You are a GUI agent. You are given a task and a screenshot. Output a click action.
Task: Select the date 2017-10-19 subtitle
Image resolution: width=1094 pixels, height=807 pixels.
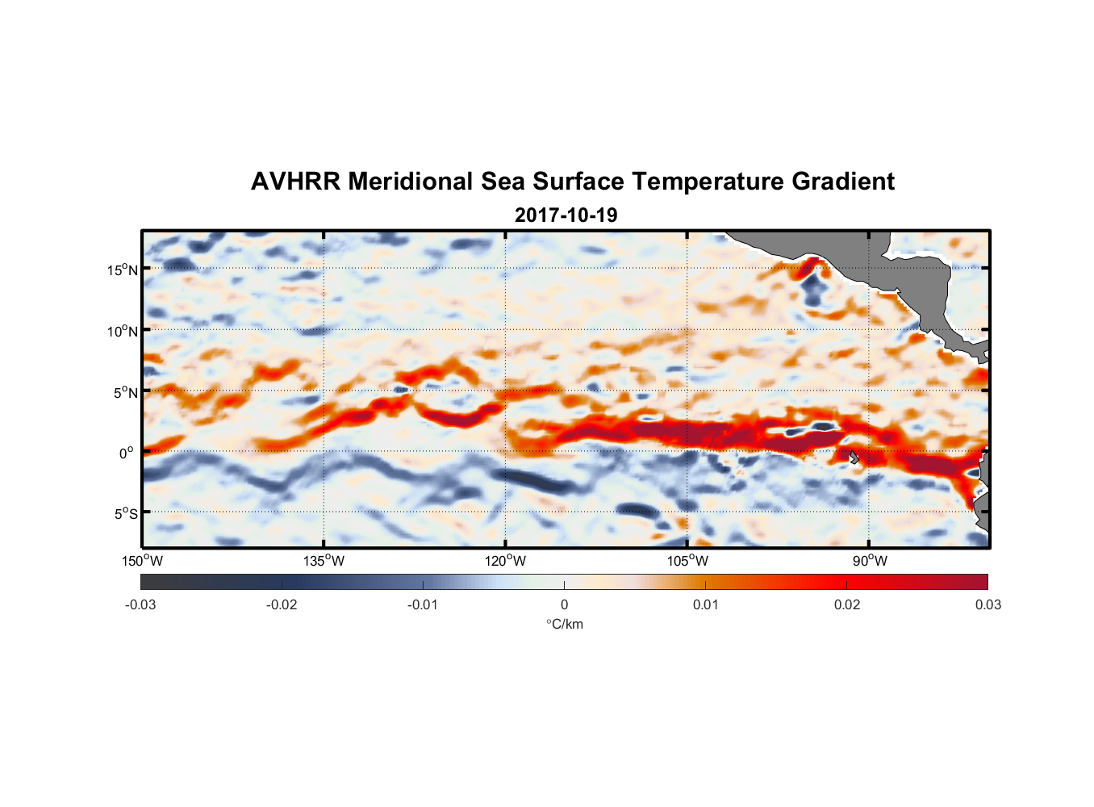pos(566,215)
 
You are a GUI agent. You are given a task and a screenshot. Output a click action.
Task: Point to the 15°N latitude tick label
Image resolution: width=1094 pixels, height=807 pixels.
pos(122,270)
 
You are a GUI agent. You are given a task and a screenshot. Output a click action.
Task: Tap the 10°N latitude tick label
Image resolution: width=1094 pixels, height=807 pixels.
pos(122,331)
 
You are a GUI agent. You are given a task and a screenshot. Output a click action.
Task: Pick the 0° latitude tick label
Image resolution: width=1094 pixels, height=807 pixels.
pos(127,453)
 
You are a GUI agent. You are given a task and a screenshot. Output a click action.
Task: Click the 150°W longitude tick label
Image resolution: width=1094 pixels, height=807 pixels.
pos(143,561)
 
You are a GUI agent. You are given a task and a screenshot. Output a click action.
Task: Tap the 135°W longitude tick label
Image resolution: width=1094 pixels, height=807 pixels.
pos(324,561)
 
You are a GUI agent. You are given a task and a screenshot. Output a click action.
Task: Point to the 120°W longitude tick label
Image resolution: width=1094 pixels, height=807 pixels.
pos(506,561)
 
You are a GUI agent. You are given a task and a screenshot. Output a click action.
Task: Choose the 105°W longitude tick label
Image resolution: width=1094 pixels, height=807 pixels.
pos(687,561)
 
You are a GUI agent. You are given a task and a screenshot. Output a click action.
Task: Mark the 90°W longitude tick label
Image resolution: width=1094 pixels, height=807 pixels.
pos(870,561)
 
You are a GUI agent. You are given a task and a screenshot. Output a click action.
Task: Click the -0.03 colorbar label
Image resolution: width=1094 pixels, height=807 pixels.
pos(140,604)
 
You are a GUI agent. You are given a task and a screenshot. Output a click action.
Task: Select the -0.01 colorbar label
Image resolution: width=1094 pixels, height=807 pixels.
pos(423,604)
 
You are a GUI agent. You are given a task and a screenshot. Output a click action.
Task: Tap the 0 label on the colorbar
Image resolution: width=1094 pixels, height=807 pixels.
pos(564,604)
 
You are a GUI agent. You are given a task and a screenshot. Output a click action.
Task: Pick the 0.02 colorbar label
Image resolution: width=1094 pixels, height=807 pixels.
pos(847,604)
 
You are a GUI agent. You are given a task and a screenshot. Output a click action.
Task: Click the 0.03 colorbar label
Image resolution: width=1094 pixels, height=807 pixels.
pos(988,604)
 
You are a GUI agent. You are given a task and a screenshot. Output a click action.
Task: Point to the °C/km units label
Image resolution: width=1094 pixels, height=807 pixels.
pos(565,624)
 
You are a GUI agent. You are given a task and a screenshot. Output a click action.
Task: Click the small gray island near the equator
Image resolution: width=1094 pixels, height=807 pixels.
pos(854,458)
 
